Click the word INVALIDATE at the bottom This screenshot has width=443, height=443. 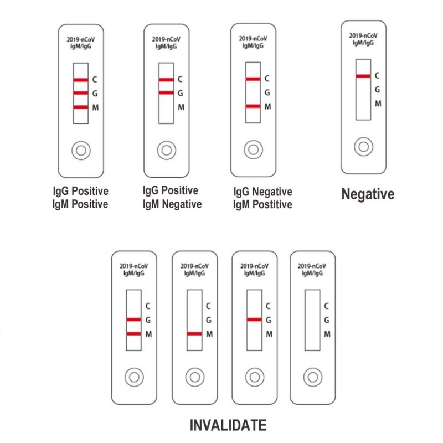point(228,425)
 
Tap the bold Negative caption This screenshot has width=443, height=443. point(368,194)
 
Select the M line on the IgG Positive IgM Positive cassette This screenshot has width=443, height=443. point(81,107)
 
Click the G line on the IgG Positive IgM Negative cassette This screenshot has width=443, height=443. point(166,92)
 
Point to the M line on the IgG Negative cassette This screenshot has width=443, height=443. point(253,106)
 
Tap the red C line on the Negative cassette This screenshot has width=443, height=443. point(363,76)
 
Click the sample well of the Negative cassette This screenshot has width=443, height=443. point(364,147)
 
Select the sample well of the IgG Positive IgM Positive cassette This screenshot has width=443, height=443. point(81,151)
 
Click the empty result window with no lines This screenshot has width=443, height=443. point(312,320)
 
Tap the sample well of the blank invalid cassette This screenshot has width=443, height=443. point(313,377)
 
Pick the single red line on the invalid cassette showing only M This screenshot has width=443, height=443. point(194,334)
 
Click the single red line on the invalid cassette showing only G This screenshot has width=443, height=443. point(254,320)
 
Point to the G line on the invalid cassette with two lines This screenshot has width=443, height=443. point(133,320)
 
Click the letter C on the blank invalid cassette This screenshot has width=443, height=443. point(327,306)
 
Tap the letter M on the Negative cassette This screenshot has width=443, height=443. point(378,104)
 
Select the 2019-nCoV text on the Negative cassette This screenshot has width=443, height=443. point(363,35)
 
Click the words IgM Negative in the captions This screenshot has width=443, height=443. point(172,204)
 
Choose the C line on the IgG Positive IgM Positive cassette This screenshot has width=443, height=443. point(81,80)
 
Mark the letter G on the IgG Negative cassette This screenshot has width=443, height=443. point(267,92)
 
